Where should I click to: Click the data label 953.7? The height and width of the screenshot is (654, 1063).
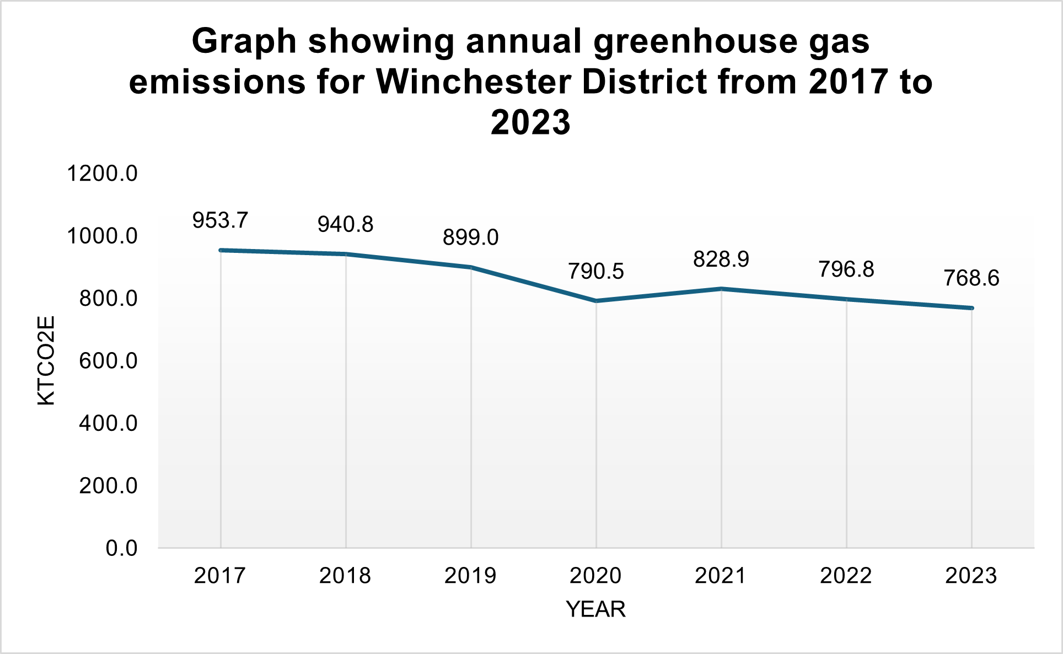(x=220, y=220)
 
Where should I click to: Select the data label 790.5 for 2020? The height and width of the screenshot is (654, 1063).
(x=595, y=271)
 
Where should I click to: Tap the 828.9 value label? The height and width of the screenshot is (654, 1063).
(x=721, y=259)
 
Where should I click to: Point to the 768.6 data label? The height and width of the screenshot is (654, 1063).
(x=971, y=278)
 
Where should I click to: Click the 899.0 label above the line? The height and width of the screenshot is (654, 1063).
(x=470, y=237)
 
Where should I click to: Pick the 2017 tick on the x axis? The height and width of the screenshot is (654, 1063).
(x=220, y=576)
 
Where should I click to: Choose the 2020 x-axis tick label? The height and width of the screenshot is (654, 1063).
(x=595, y=576)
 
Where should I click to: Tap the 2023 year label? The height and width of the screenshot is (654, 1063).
(x=971, y=576)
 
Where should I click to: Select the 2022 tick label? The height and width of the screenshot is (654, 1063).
(x=846, y=576)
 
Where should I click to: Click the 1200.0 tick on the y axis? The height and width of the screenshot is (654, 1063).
(x=102, y=174)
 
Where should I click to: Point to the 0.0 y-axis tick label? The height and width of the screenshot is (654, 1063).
(x=121, y=548)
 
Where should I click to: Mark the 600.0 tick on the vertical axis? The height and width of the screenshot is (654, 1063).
(x=108, y=361)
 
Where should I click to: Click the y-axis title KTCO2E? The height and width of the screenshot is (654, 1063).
(x=46, y=361)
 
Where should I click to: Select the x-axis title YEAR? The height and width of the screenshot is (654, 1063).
(x=595, y=609)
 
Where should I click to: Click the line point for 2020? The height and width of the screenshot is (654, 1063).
(x=596, y=301)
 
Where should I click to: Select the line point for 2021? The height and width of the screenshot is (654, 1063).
(x=721, y=289)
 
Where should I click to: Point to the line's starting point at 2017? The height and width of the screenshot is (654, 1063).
(x=221, y=250)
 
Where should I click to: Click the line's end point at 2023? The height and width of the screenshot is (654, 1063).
(x=971, y=308)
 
